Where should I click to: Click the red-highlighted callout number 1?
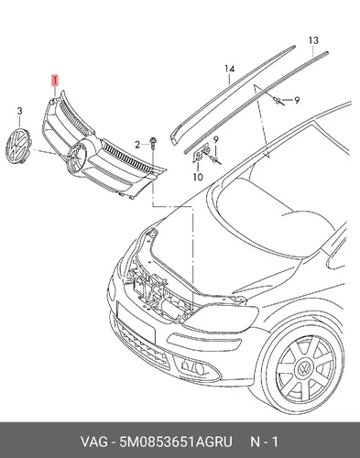click(55, 81)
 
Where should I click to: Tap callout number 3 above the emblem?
click(19, 111)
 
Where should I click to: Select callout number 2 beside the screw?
click(137, 145)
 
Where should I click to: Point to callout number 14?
click(230, 69)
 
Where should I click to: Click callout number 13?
click(313, 40)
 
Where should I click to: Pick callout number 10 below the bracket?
click(198, 177)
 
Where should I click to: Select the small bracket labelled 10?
click(201, 152)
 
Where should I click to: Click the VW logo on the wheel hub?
click(304, 370)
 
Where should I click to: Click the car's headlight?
click(223, 318)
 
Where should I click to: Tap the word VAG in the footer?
click(94, 442)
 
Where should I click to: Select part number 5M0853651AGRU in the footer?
click(176, 442)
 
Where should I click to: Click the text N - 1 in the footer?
click(265, 442)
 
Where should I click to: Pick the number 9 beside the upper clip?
click(296, 100)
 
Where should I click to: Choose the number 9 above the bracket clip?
click(216, 140)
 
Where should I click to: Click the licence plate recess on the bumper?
click(136, 322)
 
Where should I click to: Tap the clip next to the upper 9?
click(278, 101)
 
